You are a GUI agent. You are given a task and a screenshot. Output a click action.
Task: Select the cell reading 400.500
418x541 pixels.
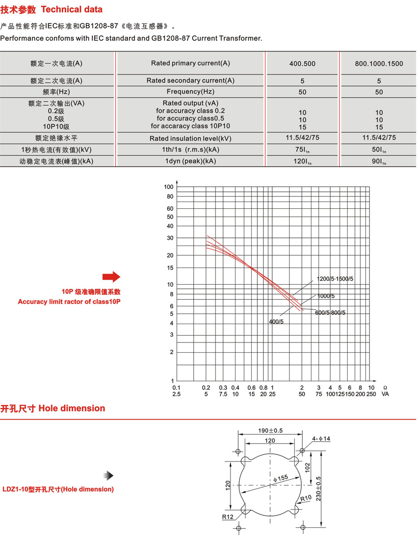(302, 64)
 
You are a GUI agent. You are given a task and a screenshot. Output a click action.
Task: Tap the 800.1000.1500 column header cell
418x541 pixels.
(379, 64)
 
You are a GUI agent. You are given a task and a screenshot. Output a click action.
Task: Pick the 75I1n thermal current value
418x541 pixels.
(302, 150)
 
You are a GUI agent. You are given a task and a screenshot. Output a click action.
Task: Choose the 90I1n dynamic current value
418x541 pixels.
(379, 162)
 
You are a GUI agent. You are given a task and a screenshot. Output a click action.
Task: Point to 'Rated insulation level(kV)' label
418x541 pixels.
(191, 138)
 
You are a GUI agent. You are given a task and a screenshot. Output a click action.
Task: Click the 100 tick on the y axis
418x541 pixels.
(169, 187)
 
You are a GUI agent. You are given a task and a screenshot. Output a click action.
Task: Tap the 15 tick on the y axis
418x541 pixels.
(170, 267)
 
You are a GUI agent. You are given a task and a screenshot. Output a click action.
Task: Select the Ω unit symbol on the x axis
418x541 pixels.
(385, 387)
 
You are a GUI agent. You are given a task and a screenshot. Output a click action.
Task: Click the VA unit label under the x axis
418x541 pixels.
(385, 394)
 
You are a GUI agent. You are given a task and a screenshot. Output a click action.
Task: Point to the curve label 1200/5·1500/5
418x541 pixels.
(335, 279)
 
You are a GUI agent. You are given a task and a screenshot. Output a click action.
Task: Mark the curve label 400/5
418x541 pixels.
(276, 322)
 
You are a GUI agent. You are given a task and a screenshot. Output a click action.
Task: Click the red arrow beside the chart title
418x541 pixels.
(111, 277)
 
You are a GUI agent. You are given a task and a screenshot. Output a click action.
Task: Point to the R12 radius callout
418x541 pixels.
(227, 517)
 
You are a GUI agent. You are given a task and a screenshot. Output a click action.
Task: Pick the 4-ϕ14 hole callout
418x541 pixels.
(321, 439)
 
